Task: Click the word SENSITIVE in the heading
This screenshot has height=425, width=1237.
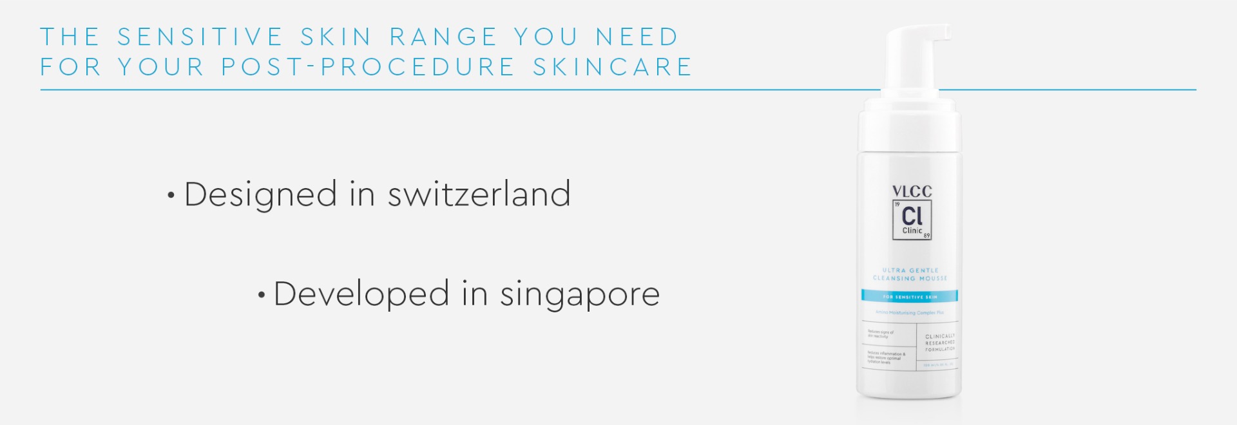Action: tap(200, 37)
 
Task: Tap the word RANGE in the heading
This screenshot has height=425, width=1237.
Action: tap(444, 37)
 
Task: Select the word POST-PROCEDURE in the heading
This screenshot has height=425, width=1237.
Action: tap(368, 67)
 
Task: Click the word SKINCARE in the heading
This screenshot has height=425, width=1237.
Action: tap(612, 67)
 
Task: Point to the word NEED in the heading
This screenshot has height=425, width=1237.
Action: tap(637, 37)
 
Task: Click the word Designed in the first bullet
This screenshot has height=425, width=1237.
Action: tap(260, 194)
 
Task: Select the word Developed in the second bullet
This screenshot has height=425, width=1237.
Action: tap(361, 294)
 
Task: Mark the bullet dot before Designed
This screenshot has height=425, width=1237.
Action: tap(171, 196)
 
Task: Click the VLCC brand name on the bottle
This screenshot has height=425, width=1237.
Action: tap(912, 191)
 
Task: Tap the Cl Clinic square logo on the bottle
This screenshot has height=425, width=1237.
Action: tap(912, 220)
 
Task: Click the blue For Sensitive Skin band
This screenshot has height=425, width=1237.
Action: tap(910, 296)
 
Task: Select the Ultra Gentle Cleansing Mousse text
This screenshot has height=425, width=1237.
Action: tap(910, 274)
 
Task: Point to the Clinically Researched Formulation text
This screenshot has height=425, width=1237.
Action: tap(940, 343)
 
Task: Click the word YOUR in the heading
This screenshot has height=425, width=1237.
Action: tap(161, 67)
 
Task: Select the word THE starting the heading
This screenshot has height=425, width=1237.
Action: tap(70, 37)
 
